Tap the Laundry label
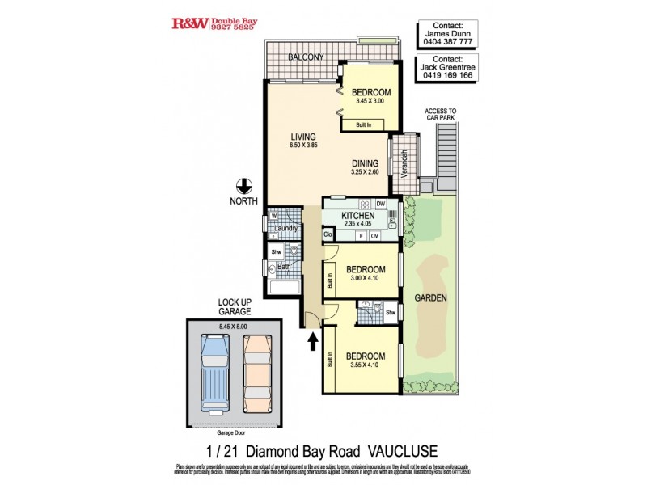tap(287, 228)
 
